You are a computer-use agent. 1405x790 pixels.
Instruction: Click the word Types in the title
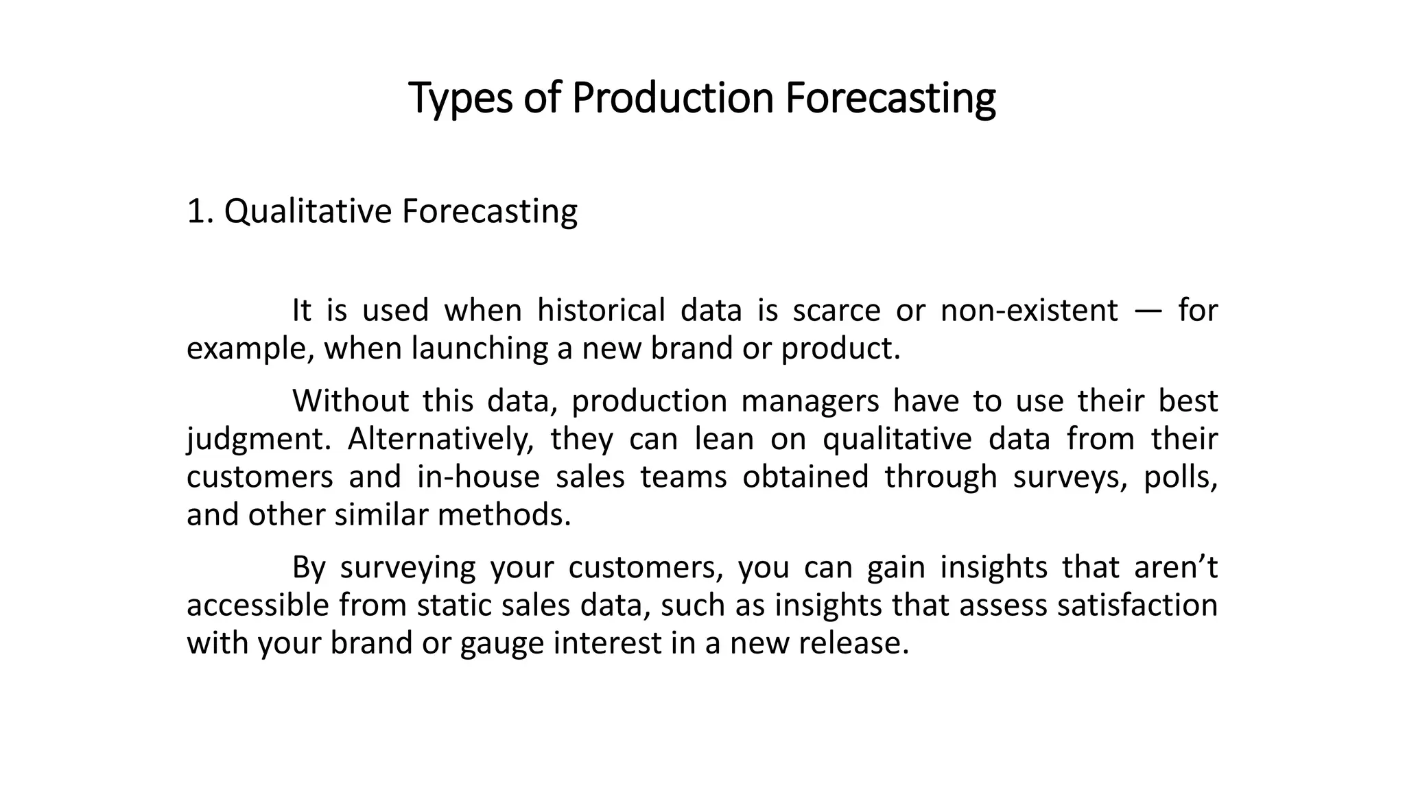[x=460, y=98]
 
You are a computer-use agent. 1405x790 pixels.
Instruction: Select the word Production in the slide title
[x=672, y=98]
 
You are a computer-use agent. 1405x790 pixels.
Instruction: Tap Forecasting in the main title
[x=890, y=98]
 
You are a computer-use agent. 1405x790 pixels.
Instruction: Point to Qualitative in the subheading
[x=307, y=211]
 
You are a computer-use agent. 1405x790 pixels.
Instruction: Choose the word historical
[x=601, y=310]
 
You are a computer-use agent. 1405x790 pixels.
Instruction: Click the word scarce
[x=836, y=310]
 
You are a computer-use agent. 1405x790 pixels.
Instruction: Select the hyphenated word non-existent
[x=1029, y=310]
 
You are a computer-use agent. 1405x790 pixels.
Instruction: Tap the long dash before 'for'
[x=1148, y=310]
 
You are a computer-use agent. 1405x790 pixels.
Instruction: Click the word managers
[x=810, y=400]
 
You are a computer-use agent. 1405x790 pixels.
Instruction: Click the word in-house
[x=478, y=477]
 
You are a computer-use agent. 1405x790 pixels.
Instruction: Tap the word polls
[x=1180, y=477]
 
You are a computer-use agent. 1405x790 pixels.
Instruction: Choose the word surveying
[x=408, y=567]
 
